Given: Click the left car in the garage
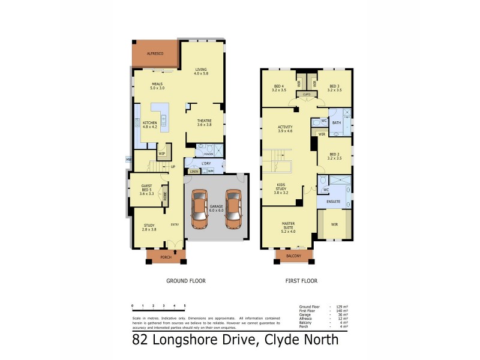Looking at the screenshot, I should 199,209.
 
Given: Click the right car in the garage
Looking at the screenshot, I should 233,209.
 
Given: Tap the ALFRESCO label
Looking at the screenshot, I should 155,54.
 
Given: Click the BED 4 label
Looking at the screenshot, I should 279,87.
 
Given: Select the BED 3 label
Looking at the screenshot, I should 334,87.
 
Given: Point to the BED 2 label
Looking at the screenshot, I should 334,155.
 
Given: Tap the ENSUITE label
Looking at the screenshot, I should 334,202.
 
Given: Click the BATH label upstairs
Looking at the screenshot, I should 337,122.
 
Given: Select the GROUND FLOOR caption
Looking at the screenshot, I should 185,280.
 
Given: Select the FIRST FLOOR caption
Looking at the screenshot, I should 301,280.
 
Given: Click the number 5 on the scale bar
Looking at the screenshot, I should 185,305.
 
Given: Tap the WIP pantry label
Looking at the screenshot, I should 161,154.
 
